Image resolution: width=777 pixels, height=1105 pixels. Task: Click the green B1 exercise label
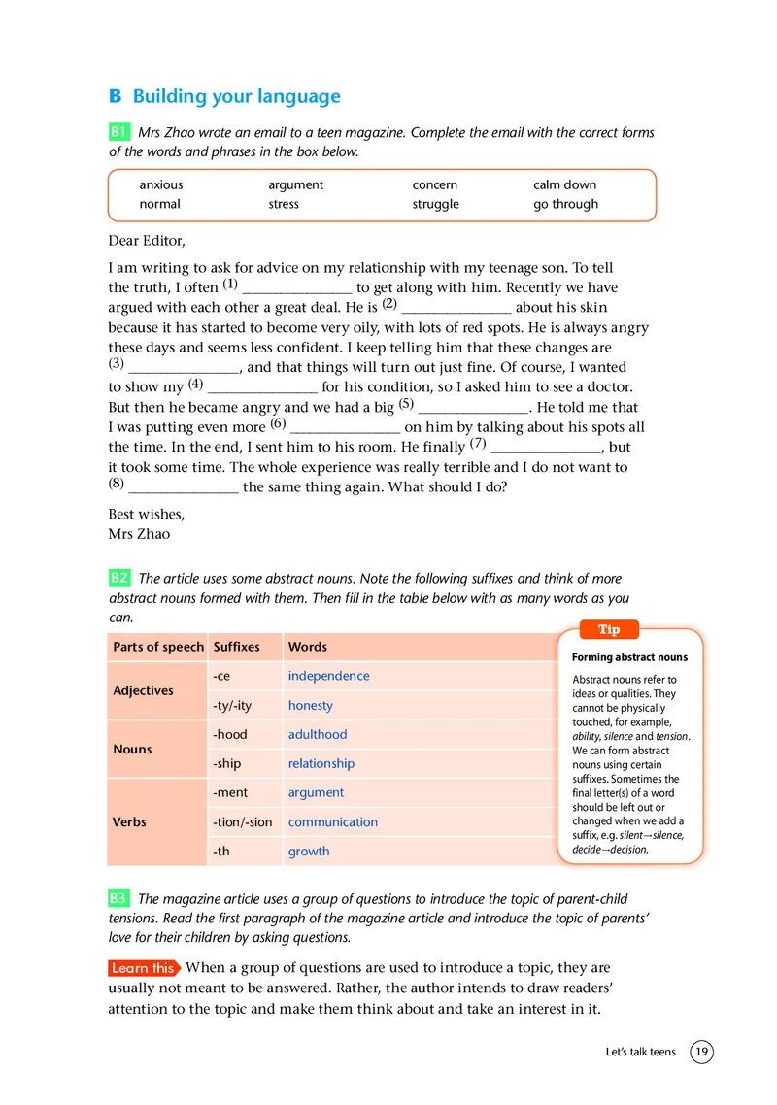click(x=118, y=132)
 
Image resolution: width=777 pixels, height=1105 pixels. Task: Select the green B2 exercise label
click(x=118, y=578)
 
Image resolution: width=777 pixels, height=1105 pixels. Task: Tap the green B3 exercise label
click(x=118, y=899)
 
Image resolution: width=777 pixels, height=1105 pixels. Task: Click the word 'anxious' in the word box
click(x=160, y=184)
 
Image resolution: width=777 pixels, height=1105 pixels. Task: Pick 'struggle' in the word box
click(x=435, y=204)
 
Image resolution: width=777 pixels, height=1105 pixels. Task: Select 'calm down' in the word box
click(x=564, y=184)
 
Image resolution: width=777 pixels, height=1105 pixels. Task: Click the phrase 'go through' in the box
click(x=565, y=204)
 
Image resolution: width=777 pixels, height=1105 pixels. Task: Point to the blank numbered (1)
click(x=296, y=288)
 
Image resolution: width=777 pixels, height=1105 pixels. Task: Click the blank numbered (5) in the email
click(x=472, y=408)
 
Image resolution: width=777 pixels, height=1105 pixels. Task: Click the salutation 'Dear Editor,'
click(x=146, y=240)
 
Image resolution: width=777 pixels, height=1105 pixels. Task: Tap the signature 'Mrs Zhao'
click(x=139, y=533)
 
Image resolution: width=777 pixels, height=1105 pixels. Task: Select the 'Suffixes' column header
click(x=236, y=647)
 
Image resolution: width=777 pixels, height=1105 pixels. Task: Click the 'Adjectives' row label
click(x=143, y=690)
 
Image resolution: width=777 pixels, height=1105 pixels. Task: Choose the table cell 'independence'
click(x=328, y=676)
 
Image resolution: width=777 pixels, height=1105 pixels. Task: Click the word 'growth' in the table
click(x=308, y=852)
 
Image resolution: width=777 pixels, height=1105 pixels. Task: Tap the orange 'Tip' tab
click(x=609, y=630)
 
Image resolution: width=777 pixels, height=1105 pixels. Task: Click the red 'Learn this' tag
click(x=143, y=968)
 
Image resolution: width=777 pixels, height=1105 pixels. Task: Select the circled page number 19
click(x=701, y=1052)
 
